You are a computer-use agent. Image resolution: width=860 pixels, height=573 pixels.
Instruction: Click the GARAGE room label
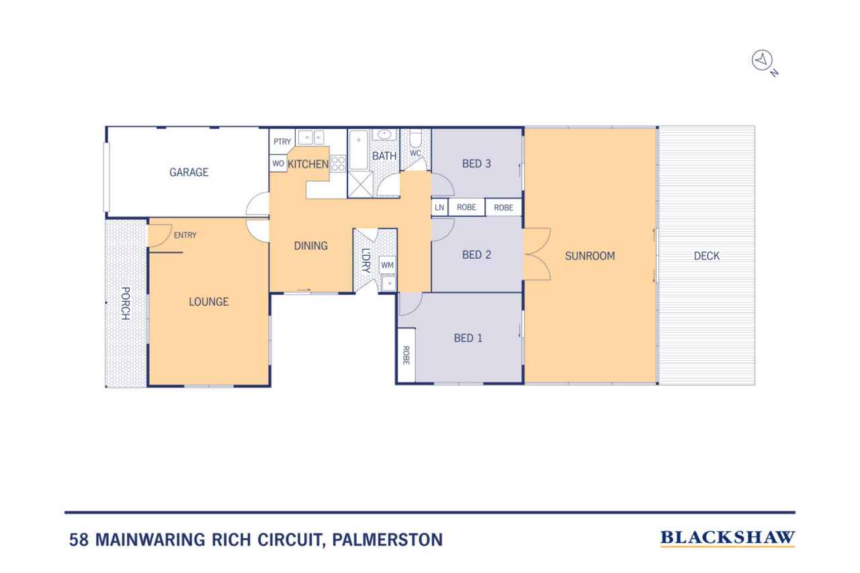click(189, 173)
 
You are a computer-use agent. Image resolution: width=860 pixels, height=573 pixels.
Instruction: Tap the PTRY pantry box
click(282, 141)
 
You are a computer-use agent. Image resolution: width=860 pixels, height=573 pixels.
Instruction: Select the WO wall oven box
click(278, 163)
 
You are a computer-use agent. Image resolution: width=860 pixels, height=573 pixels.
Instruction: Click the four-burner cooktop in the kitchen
click(338, 163)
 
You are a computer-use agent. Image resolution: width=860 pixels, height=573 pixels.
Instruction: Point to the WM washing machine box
click(387, 265)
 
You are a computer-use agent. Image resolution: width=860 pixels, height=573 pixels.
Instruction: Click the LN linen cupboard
click(439, 208)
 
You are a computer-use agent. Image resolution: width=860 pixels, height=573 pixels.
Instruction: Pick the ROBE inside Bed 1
click(406, 355)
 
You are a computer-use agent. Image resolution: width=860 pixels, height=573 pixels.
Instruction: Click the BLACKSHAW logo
click(728, 538)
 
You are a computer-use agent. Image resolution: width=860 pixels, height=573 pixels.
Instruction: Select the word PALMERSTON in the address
click(388, 539)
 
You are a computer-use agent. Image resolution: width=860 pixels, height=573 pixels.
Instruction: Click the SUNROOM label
click(590, 256)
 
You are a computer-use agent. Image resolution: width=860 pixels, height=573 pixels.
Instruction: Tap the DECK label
click(706, 256)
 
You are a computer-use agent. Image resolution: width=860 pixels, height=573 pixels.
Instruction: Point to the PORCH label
click(126, 303)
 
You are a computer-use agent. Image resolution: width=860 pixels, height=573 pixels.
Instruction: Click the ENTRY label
click(185, 235)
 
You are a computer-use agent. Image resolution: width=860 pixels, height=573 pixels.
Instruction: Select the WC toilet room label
click(415, 153)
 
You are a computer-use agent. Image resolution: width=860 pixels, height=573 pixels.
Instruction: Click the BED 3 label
click(476, 164)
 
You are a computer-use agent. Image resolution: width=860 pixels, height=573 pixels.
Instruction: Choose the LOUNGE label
click(208, 302)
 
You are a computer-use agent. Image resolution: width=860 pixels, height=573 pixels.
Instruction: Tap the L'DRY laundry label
click(366, 261)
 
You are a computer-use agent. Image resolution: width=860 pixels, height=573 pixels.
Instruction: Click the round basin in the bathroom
click(384, 134)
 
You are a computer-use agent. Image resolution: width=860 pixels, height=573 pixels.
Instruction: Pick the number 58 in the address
click(79, 539)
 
